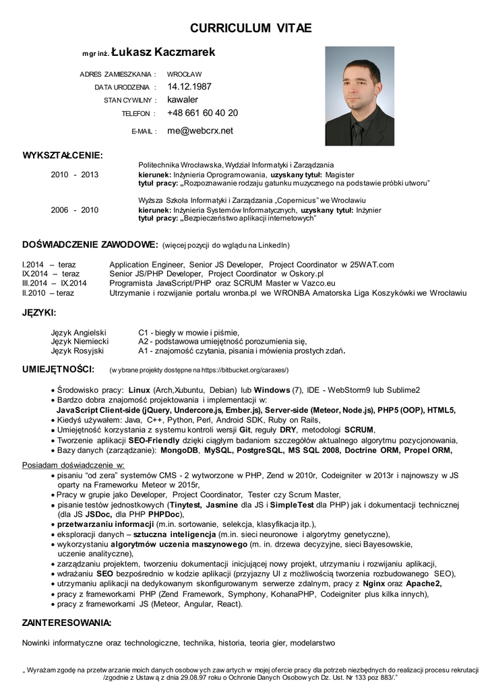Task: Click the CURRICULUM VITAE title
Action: [x=251, y=28]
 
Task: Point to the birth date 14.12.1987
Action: [x=189, y=86]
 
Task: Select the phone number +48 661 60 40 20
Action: [x=202, y=113]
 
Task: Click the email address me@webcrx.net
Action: [x=200, y=131]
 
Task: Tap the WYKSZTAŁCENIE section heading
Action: [x=63, y=156]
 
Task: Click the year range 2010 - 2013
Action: [x=75, y=175]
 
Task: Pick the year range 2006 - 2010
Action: [x=75, y=210]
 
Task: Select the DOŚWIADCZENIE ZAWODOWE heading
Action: [x=90, y=244]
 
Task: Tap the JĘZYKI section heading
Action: [x=39, y=313]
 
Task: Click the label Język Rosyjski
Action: [x=78, y=350]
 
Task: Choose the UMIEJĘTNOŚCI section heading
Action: [x=57, y=369]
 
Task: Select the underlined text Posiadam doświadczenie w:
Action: [x=73, y=465]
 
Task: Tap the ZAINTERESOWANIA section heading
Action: [x=67, y=623]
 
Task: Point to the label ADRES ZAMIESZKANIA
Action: [x=117, y=74]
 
